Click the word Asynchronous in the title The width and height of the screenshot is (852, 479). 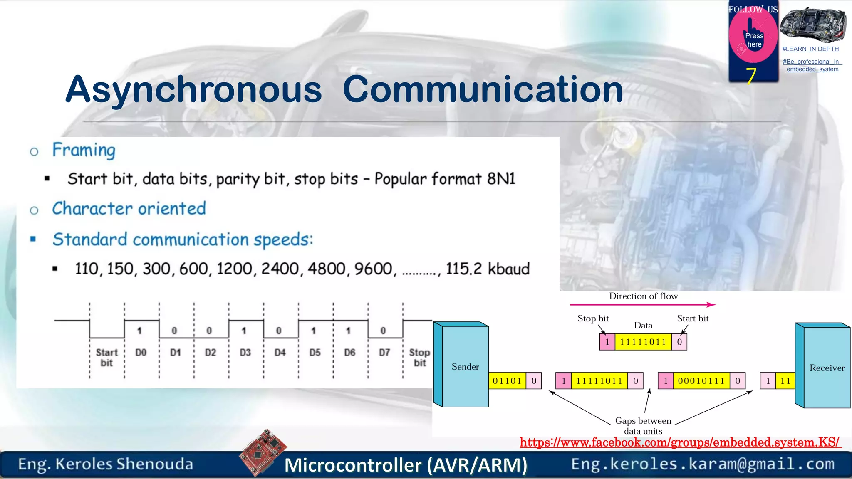click(193, 89)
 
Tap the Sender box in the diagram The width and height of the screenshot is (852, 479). click(465, 366)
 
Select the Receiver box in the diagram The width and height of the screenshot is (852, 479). click(827, 368)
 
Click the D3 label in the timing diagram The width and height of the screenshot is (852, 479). click(245, 353)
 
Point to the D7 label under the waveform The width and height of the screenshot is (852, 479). click(384, 353)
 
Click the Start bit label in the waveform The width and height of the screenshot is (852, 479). click(107, 357)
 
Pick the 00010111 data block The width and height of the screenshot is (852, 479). click(701, 381)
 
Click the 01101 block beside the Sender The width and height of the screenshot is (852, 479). click(507, 381)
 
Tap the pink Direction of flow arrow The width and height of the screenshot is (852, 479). click(643, 305)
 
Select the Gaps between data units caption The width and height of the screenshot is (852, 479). click(643, 426)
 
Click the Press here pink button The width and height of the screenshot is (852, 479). click(753, 40)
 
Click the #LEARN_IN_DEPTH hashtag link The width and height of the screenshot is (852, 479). click(810, 49)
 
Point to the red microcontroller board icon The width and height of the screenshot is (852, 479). click(263, 452)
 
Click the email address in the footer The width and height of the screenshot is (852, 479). click(703, 464)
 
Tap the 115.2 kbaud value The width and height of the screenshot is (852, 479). click(488, 269)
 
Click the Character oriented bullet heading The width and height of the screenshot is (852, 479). click(129, 209)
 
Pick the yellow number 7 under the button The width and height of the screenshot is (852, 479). click(750, 76)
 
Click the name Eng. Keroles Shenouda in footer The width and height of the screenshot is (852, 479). click(106, 464)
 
